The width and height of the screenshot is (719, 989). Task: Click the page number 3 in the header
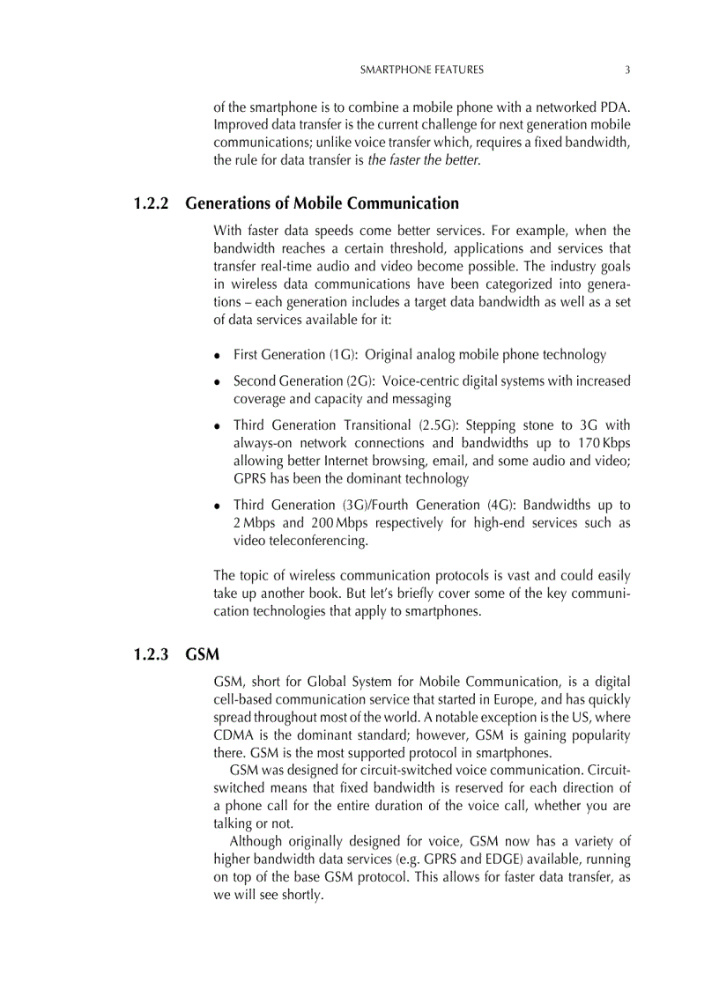point(626,70)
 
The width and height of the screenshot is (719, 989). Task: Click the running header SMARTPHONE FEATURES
point(422,70)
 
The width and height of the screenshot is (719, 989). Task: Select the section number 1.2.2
point(152,203)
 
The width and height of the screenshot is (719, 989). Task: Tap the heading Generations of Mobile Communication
point(322,203)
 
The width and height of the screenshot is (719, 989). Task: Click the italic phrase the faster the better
point(423,160)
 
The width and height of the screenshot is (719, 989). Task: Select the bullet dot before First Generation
point(218,356)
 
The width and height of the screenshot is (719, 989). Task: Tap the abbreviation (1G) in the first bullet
point(343,355)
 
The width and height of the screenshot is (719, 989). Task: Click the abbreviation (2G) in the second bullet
point(356,381)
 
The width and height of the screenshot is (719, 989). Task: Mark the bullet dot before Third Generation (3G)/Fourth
point(218,506)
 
